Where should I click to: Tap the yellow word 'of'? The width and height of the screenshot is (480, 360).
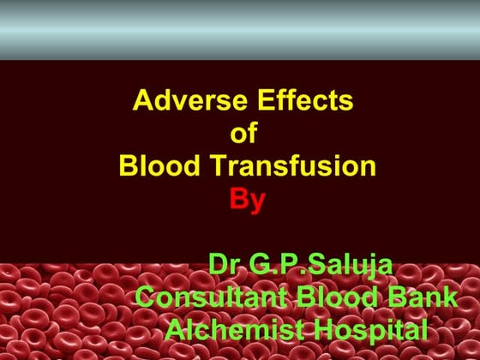pyautogui.click(x=244, y=134)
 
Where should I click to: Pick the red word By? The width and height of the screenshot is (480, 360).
pyautogui.click(x=247, y=200)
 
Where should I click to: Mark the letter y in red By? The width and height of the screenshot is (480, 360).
pyautogui.click(x=257, y=202)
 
